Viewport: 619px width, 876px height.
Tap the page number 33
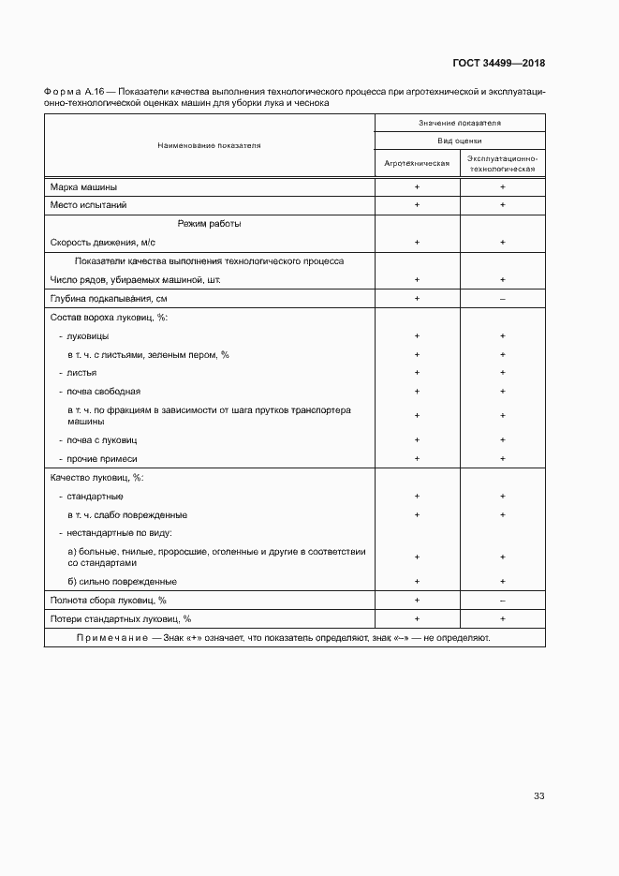pyautogui.click(x=538, y=796)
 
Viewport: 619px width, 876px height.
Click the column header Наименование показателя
pyautogui.click(x=210, y=146)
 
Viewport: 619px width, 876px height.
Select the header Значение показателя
pyautogui.click(x=460, y=123)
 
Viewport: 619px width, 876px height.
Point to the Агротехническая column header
pyautogui.click(x=417, y=163)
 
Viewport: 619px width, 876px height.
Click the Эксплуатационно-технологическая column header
pyautogui.click(x=502, y=163)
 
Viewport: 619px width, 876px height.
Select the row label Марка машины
pyautogui.click(x=83, y=186)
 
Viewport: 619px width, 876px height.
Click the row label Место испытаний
pyautogui.click(x=88, y=204)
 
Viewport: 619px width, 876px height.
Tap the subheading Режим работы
pyautogui.click(x=210, y=224)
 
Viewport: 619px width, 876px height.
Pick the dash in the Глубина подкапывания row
pyautogui.click(x=503, y=298)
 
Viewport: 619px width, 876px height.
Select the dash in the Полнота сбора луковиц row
pyautogui.click(x=503, y=600)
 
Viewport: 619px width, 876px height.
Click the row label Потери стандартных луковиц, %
pyautogui.click(x=120, y=618)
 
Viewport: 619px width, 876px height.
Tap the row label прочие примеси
pyautogui.click(x=101, y=458)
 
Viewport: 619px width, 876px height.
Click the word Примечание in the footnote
pyautogui.click(x=112, y=638)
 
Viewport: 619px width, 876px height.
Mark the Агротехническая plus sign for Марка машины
pyautogui.click(x=417, y=186)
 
